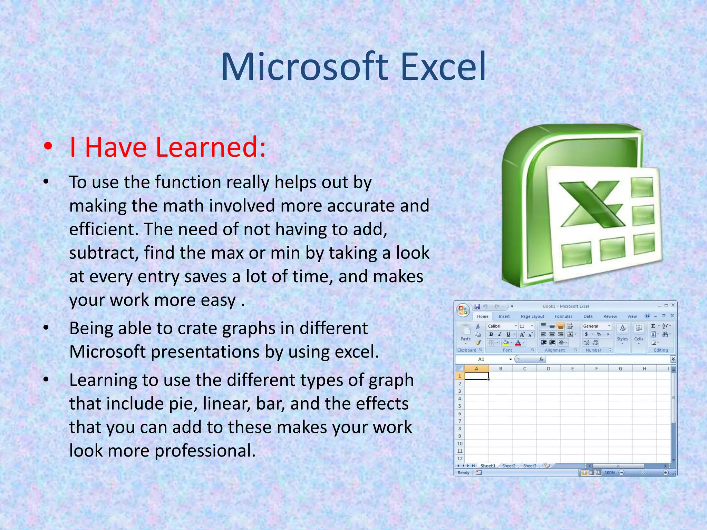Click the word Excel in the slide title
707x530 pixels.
[443, 67]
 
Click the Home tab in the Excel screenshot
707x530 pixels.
[482, 316]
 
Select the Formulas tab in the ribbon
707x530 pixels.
[563, 316]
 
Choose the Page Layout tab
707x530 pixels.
[532, 316]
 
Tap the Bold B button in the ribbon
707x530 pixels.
[491, 334]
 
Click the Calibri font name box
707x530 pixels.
[500, 326]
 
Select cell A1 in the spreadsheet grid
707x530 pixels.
[476, 376]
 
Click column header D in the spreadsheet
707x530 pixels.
[548, 369]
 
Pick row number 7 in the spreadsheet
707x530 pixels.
[459, 421]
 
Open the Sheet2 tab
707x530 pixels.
[508, 466]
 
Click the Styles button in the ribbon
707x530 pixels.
[622, 333]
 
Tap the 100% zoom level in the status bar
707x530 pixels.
[610, 473]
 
